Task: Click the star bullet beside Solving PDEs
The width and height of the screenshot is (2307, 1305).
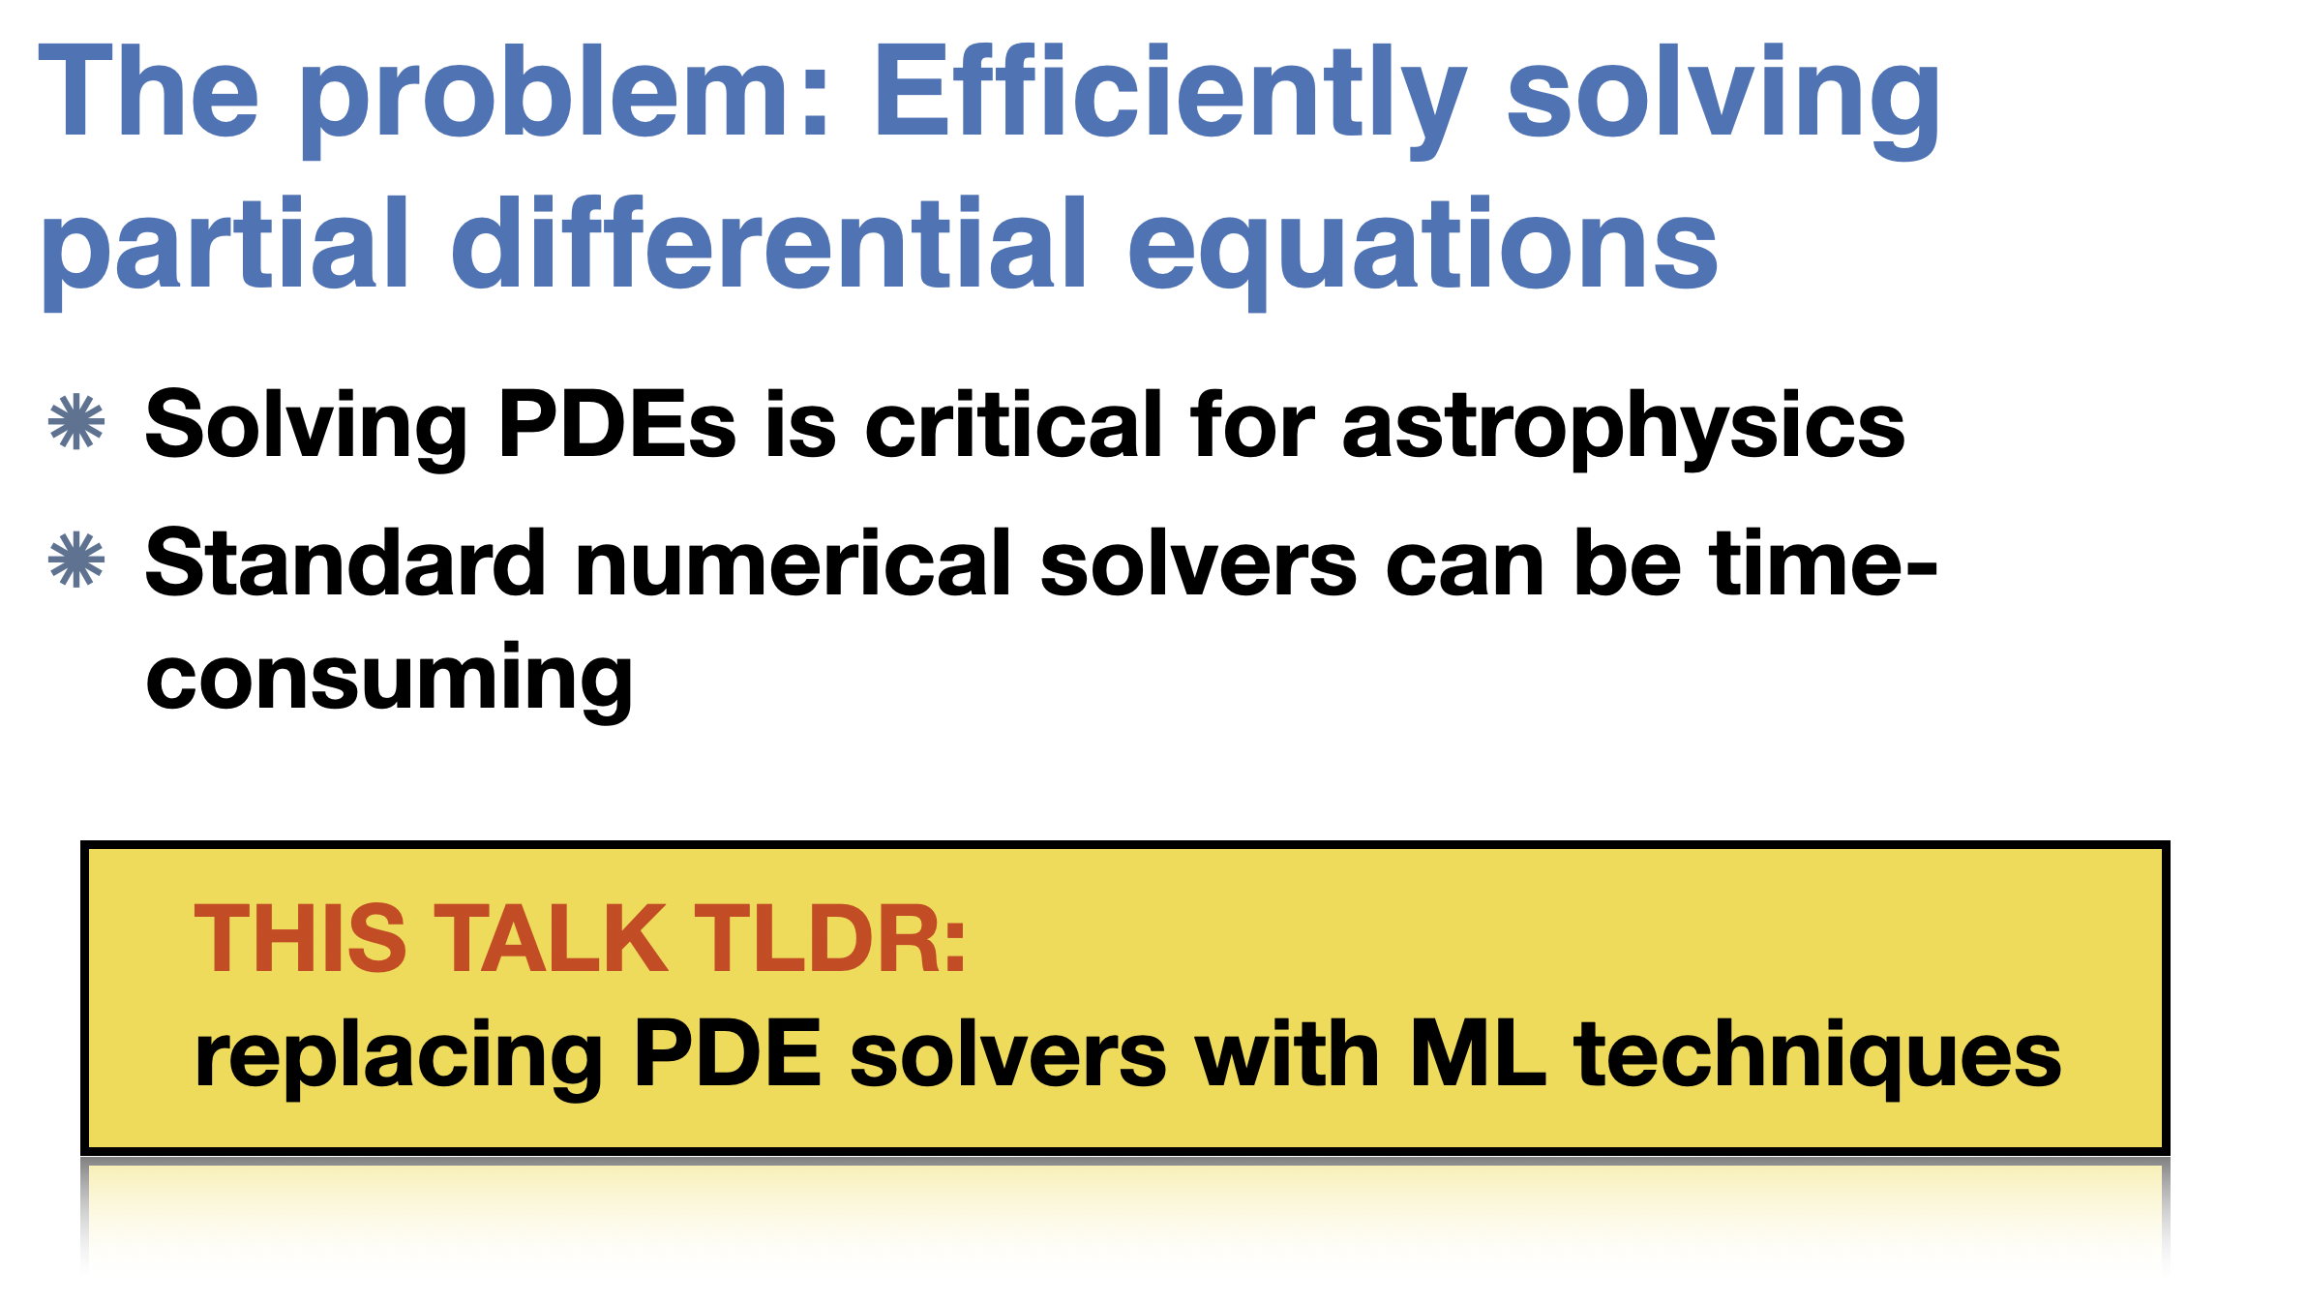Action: click(x=76, y=422)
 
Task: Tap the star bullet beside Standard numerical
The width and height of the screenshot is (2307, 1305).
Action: click(x=76, y=560)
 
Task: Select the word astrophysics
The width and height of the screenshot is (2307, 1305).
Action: click(x=1623, y=428)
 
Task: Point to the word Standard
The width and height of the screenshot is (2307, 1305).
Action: click(x=345, y=562)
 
